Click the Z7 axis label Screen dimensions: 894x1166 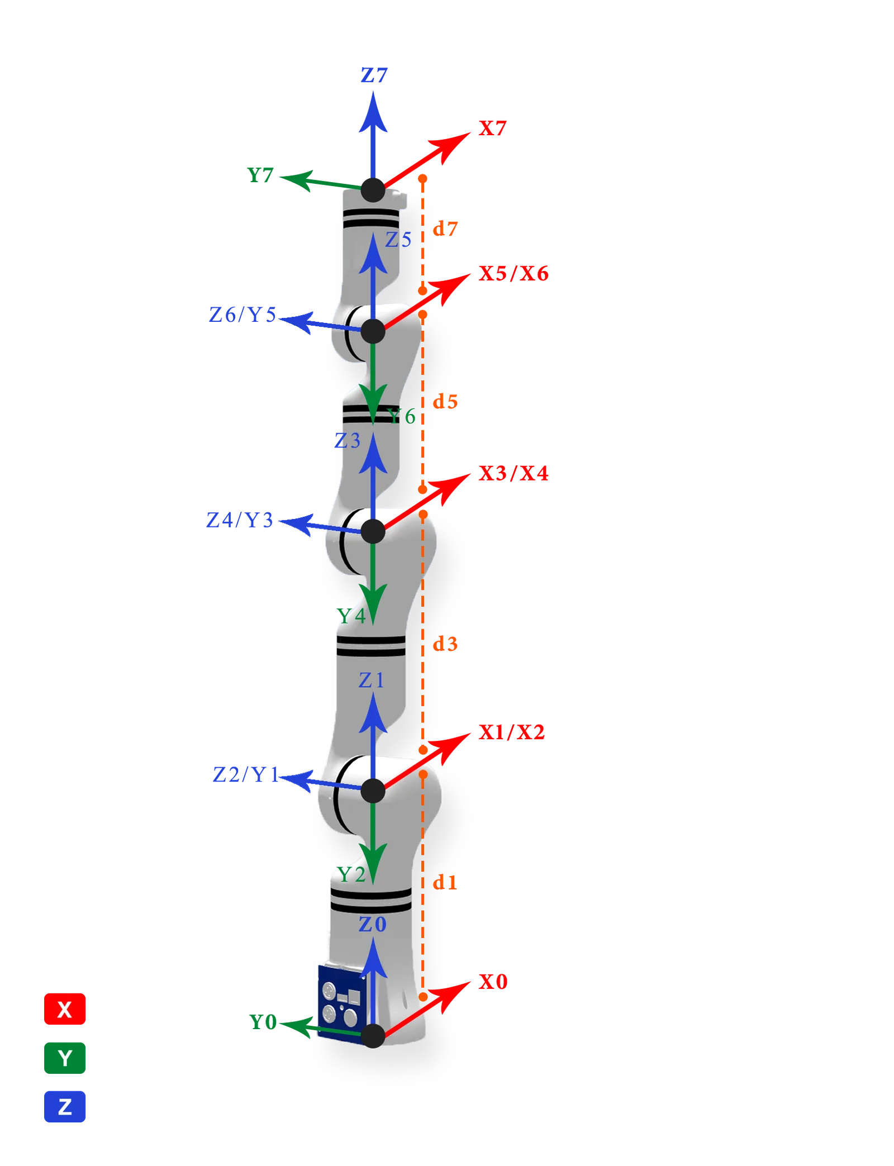point(374,75)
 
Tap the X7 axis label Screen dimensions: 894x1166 point(492,128)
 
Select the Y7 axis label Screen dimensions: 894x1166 point(260,175)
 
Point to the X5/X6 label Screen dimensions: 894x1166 point(513,273)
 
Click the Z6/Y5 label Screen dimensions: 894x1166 point(242,315)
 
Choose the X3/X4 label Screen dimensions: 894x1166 point(513,473)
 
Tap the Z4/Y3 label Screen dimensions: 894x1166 point(240,520)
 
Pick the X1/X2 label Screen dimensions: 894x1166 point(511,732)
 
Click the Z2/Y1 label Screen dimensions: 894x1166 point(246,774)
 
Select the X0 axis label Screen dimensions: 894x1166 point(493,982)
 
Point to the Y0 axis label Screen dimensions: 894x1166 point(263,1022)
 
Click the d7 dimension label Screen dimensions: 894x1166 point(445,229)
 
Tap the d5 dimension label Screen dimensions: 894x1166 point(445,401)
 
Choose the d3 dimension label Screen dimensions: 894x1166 point(445,644)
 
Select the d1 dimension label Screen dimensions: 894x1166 point(445,882)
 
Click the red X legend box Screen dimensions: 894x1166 point(65,1009)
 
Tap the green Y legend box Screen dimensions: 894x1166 point(65,1058)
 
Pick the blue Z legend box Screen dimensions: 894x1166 point(65,1106)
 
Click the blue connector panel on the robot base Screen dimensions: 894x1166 point(342,1002)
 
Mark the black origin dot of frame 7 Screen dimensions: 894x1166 point(373,190)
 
